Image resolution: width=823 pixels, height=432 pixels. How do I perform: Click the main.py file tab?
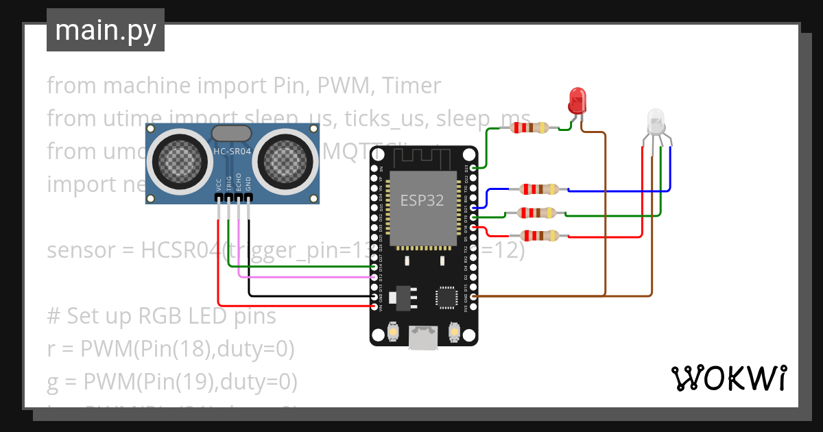coord(105,30)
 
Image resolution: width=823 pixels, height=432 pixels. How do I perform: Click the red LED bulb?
coord(577,101)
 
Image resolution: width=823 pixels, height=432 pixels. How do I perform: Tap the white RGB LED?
coord(656,122)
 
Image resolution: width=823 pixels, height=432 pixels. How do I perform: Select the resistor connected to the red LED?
coord(530,127)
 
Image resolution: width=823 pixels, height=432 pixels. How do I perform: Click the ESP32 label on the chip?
coord(422,200)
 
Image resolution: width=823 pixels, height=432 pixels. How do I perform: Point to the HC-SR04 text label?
coord(232,151)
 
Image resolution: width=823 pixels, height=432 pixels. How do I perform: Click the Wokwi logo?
coord(728,378)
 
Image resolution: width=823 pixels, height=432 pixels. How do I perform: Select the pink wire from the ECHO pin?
coord(302,277)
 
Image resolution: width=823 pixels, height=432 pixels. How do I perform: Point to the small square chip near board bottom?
coord(445,297)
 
